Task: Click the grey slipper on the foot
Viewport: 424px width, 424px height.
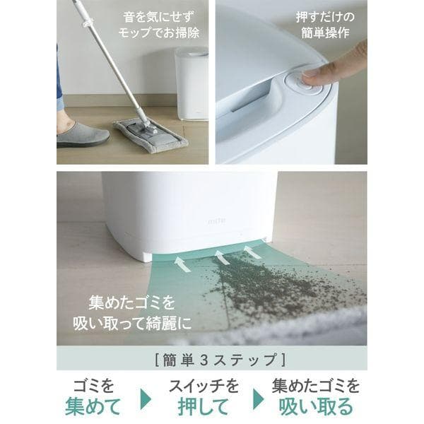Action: tap(81, 135)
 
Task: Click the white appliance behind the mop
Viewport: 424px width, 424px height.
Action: tap(192, 83)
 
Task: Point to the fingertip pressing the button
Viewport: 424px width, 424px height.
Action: tap(311, 78)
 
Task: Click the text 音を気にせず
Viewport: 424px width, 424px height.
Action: tap(159, 18)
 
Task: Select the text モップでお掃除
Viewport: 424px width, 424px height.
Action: tap(159, 33)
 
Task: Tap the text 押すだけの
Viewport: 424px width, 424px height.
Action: tap(325, 17)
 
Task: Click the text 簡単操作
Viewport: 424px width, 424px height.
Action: tap(325, 33)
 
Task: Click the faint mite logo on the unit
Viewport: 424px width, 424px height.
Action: tap(217, 221)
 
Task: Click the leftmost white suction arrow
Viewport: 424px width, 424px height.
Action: tap(182, 264)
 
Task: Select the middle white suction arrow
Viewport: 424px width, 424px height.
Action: tap(222, 257)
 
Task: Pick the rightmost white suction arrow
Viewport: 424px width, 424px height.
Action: tap(253, 252)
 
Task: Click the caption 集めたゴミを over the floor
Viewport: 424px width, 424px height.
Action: tap(131, 303)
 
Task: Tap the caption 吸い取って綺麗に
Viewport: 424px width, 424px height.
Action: tap(133, 323)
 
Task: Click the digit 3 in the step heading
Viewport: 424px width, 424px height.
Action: tap(204, 360)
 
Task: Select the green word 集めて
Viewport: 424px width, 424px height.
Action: tap(93, 406)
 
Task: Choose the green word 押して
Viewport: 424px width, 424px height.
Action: tap(204, 406)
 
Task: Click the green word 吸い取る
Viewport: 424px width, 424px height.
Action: tap(316, 406)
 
